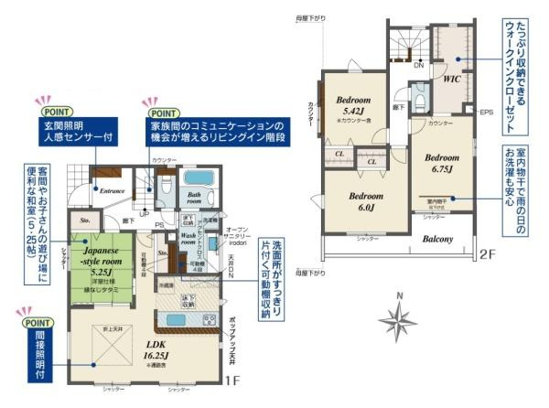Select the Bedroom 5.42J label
tap(352, 104)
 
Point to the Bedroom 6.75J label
tap(442, 162)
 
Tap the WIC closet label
tap(451, 80)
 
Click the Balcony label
tap(439, 240)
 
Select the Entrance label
tap(113, 190)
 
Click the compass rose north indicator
tap(399, 320)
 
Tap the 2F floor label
tap(487, 255)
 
